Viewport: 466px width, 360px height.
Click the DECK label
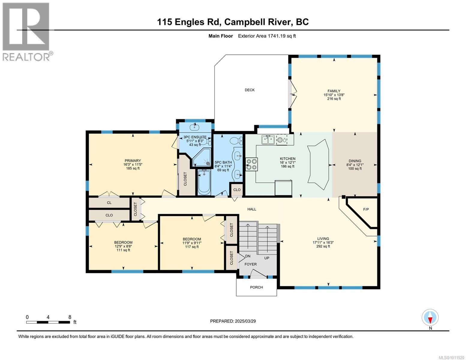pos(250,90)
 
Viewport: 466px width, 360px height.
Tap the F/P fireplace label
pos(366,209)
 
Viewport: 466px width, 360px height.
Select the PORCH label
pos(256,287)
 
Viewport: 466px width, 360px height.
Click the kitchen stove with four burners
pos(251,164)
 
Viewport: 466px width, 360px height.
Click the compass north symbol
pos(430,317)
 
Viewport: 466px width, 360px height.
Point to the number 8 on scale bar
pos(70,317)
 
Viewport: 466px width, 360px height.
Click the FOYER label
pos(251,264)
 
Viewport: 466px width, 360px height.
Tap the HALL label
pos(252,209)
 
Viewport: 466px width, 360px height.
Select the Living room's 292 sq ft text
pos(323,246)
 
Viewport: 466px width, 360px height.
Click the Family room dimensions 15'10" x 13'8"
pos(334,95)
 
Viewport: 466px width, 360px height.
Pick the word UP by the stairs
pos(267,258)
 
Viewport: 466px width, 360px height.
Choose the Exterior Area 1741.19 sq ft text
pos(267,36)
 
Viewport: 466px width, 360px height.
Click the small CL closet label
pos(109,202)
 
